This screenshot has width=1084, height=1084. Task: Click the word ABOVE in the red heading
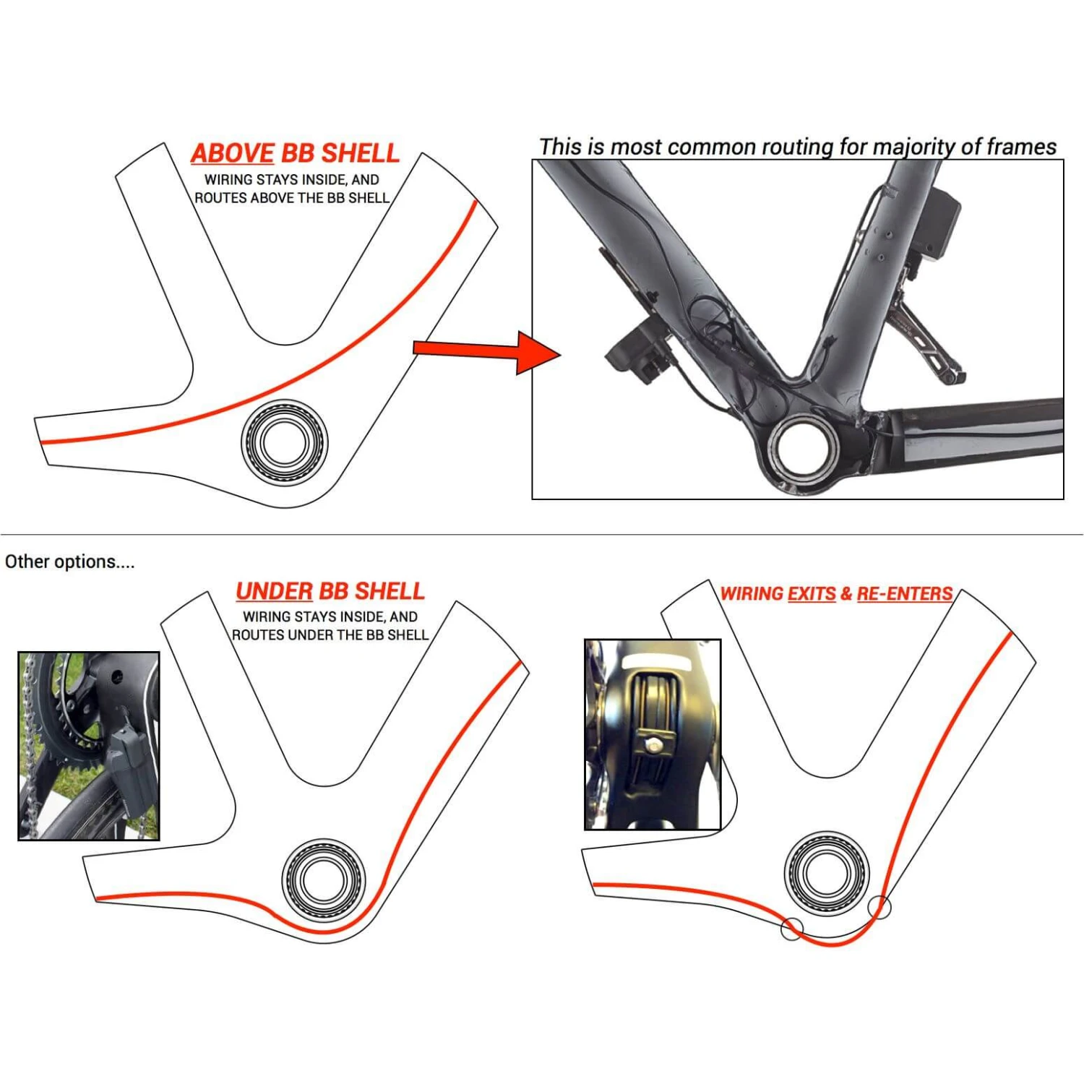click(232, 153)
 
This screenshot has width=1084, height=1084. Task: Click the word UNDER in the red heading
click(274, 591)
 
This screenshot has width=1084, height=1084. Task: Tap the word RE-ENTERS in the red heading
click(904, 594)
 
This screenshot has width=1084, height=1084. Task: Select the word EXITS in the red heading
click(811, 594)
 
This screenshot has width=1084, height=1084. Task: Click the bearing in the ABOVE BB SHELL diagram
click(284, 442)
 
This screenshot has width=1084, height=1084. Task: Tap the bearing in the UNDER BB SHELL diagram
click(323, 879)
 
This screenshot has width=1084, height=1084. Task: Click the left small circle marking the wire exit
click(792, 929)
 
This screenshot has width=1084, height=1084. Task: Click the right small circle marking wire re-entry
click(879, 907)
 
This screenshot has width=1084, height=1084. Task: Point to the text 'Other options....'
click(69, 562)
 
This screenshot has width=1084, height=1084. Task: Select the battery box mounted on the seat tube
click(939, 224)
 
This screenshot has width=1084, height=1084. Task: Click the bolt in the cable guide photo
click(653, 744)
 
